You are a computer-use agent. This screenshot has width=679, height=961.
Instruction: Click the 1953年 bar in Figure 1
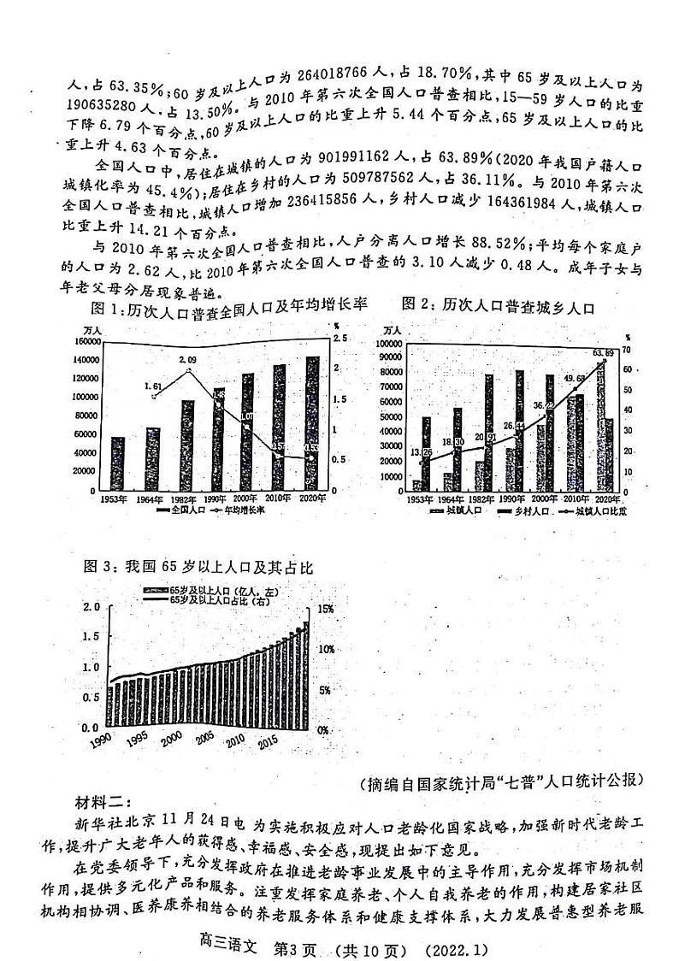118,463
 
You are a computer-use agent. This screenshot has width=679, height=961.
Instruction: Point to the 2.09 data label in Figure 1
187,362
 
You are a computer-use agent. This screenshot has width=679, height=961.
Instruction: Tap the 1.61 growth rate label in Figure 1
154,386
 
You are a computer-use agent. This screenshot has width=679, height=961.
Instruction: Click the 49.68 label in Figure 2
576,378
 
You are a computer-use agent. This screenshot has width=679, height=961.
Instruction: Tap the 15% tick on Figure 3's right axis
327,609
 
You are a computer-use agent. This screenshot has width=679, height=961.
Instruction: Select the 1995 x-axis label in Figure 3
138,740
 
